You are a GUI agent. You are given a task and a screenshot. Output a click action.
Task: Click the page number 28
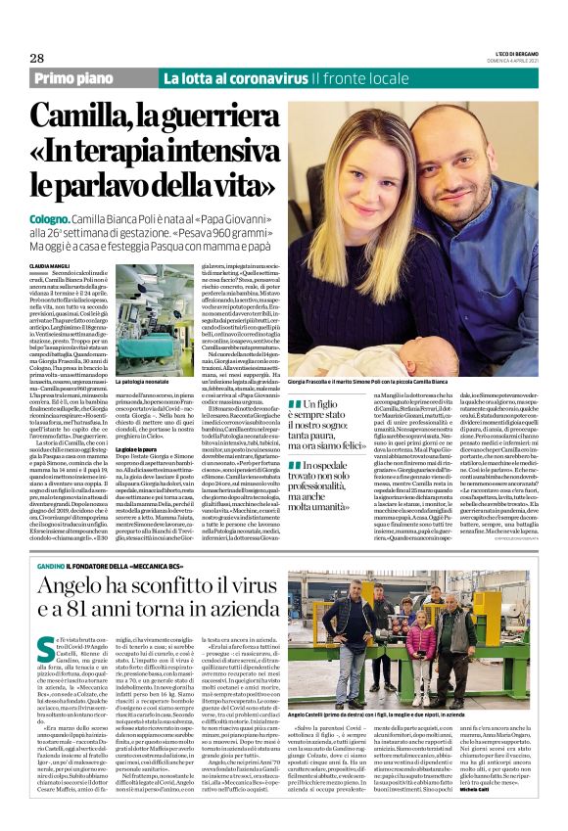39,59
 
